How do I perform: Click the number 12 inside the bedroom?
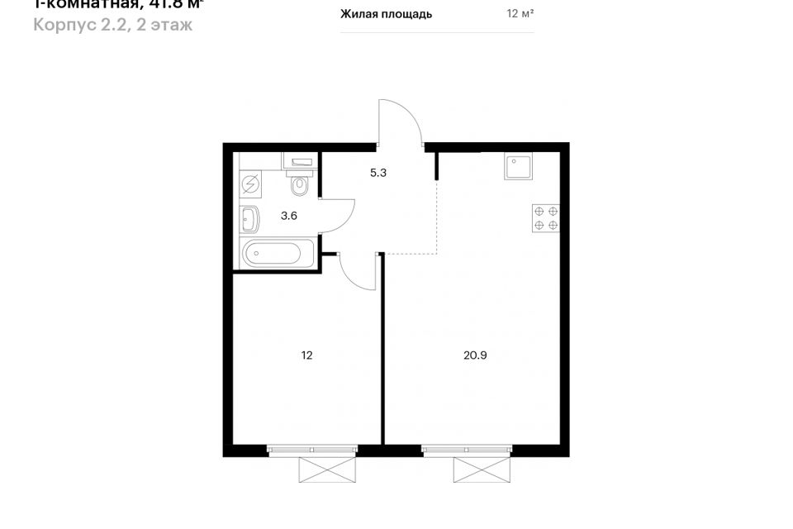pyautogui.click(x=306, y=355)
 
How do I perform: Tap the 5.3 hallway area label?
pyautogui.click(x=379, y=174)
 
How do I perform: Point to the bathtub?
pyautogui.click(x=277, y=253)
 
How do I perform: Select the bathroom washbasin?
pyautogui.click(x=249, y=220)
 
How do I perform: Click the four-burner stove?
pyautogui.click(x=545, y=217)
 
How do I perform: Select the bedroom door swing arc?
pyautogui.click(x=360, y=271)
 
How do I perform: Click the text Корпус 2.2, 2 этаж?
pyautogui.click(x=113, y=25)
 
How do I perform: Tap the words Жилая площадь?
pyautogui.click(x=386, y=14)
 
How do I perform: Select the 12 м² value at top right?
pyautogui.click(x=519, y=14)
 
